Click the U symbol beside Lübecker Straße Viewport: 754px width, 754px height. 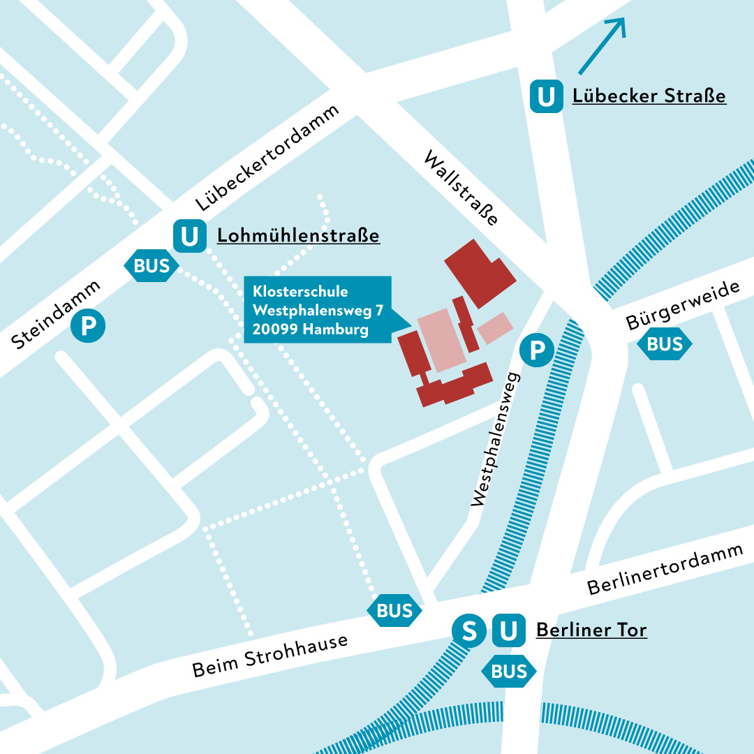[x=547, y=96]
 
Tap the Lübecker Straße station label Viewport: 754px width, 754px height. [x=649, y=96]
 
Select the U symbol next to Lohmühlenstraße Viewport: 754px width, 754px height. [x=189, y=236]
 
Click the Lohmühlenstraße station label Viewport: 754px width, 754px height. [x=298, y=236]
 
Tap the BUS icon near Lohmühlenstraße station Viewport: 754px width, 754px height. [x=151, y=265]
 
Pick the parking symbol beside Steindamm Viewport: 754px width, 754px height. [x=88, y=326]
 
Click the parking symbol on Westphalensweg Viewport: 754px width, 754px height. [x=537, y=350]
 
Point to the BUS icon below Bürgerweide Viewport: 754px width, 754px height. [x=665, y=344]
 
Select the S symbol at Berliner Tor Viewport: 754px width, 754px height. [x=470, y=631]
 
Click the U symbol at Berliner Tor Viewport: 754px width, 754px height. [x=508, y=631]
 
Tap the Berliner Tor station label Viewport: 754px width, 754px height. [x=591, y=630]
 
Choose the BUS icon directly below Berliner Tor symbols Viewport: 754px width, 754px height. [x=509, y=672]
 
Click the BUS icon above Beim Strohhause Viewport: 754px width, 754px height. [x=394, y=610]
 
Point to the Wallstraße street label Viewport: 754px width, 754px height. [x=461, y=188]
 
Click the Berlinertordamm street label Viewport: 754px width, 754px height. [x=665, y=568]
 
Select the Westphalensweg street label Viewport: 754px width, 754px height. [x=497, y=440]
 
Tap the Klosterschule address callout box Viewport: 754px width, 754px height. [x=318, y=310]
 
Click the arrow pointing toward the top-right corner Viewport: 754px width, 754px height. [x=602, y=45]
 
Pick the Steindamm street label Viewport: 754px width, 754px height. [x=57, y=314]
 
